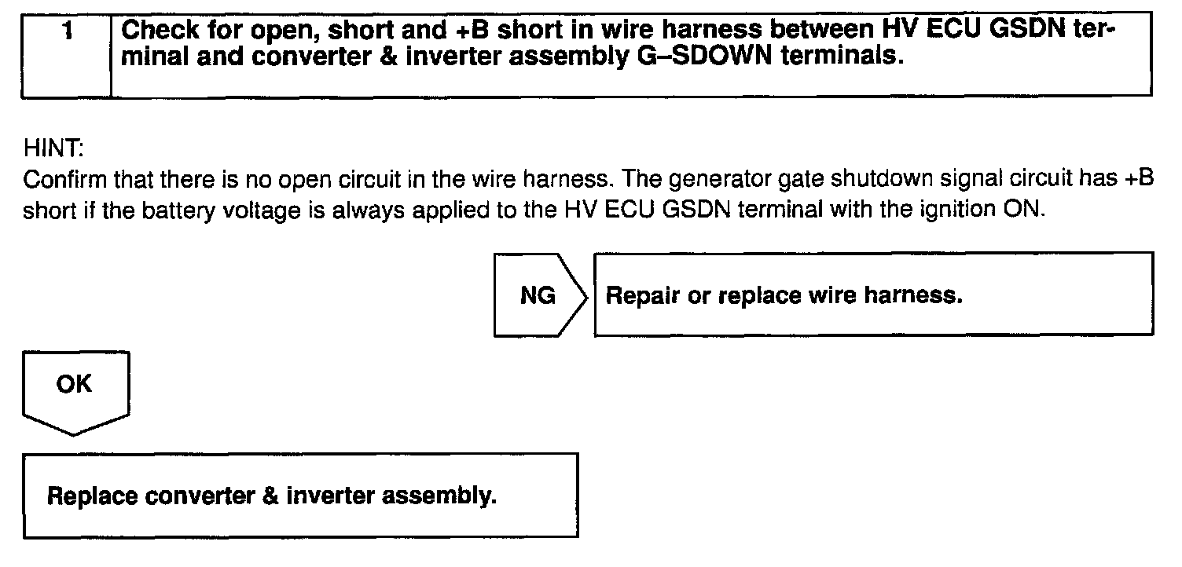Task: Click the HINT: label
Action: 48,147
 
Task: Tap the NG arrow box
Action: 539,295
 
